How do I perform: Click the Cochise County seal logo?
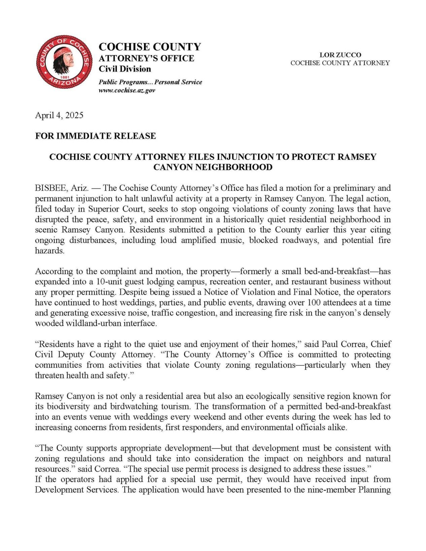point(64,62)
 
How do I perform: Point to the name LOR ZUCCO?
point(340,55)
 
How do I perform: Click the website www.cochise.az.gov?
point(127,90)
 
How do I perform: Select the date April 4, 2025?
point(59,115)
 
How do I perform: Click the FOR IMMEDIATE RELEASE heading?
point(96,136)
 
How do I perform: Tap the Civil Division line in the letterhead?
point(125,69)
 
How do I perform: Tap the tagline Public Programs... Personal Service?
point(150,82)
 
